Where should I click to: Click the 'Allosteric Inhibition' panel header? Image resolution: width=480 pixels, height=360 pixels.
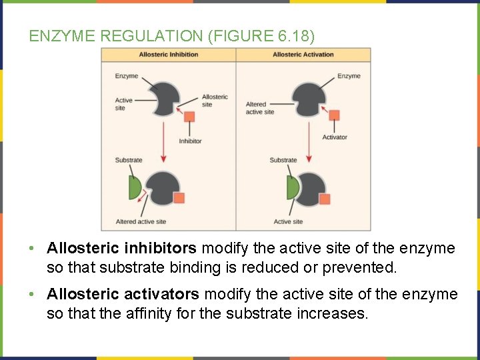tap(168, 55)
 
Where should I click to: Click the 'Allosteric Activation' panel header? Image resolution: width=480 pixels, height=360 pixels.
tap(303, 55)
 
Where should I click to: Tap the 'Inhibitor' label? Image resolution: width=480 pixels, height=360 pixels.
tap(190, 141)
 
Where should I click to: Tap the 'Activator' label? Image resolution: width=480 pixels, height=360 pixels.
tap(335, 137)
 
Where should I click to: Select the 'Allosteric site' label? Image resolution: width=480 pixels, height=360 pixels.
tap(215, 101)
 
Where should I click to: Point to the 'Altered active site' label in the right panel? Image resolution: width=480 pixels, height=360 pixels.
tap(259, 108)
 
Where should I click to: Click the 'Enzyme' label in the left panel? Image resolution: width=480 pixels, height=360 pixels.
tap(126, 76)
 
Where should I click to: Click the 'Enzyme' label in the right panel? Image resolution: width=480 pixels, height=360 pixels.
tap(349, 76)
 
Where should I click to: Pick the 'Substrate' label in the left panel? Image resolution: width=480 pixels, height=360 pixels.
tap(129, 160)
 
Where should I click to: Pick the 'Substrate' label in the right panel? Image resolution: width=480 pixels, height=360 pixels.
tap(283, 160)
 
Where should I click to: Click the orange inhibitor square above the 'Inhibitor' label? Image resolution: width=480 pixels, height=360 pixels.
tap(190, 117)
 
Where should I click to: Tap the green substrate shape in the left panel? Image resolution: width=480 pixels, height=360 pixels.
tap(135, 189)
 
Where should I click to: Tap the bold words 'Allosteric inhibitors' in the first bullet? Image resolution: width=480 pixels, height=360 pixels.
tap(121, 249)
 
